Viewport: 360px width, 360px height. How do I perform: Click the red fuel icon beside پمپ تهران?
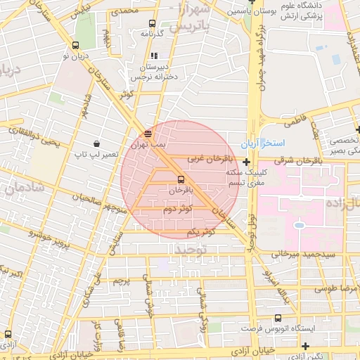coord(147,133)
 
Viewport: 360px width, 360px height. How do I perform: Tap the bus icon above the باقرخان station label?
coord(181,179)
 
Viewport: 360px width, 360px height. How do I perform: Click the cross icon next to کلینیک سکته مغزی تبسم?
coord(246,162)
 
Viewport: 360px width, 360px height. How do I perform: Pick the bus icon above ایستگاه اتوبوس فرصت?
coord(278,319)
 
